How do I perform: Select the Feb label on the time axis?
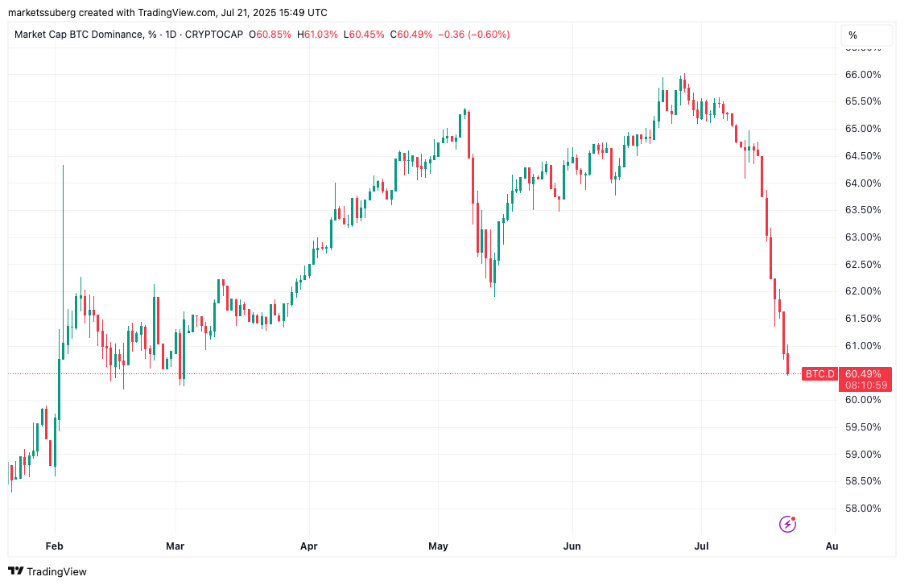[54, 546]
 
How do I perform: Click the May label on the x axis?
[438, 546]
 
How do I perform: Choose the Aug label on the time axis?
[832, 546]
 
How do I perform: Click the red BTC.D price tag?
[819, 374]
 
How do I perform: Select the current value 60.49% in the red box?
[863, 373]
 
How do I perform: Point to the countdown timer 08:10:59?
[866, 385]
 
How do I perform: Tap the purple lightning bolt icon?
[787, 525]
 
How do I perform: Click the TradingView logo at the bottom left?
[48, 571]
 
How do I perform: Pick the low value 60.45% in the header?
[366, 35]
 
